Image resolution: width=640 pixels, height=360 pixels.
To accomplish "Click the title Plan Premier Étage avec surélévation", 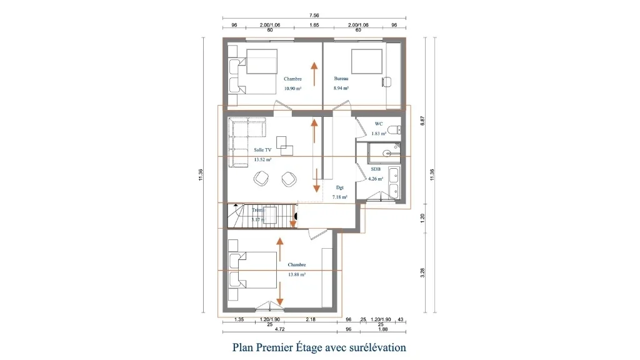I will tap(319, 347).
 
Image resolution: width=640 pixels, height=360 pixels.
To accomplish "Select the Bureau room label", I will tap(341, 79).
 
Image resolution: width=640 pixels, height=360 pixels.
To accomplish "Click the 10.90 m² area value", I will tap(292, 89).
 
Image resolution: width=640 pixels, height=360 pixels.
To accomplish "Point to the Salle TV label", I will tap(262, 150).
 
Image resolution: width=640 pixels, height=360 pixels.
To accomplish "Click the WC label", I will tap(378, 124).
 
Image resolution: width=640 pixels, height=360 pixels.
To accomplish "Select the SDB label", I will tap(376, 169).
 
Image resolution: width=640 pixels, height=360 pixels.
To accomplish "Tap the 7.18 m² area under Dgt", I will tap(340, 197).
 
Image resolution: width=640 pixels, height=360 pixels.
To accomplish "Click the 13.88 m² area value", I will tap(296, 274).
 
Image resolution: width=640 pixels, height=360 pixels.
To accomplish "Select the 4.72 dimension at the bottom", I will tap(280, 329).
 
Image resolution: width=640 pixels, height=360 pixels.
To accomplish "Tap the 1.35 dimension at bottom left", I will tap(238, 319).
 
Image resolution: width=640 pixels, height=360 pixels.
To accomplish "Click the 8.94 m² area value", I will tap(341, 89).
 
